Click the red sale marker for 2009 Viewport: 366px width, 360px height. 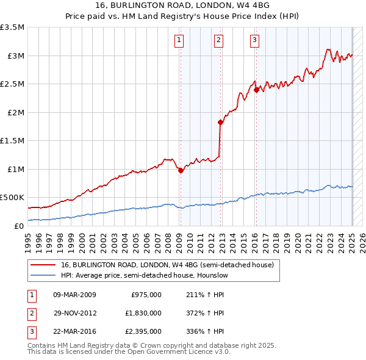(x=181, y=171)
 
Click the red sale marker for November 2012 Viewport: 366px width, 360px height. (x=220, y=122)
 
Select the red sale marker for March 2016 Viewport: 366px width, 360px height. (x=256, y=90)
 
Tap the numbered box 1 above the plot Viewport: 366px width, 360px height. (x=179, y=41)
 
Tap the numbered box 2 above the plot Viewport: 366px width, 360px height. (x=218, y=41)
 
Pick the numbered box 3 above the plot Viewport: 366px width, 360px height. (x=254, y=41)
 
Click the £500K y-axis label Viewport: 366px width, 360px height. (x=12, y=198)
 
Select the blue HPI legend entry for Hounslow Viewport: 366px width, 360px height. (x=144, y=275)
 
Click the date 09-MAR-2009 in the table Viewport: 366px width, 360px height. (x=75, y=295)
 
